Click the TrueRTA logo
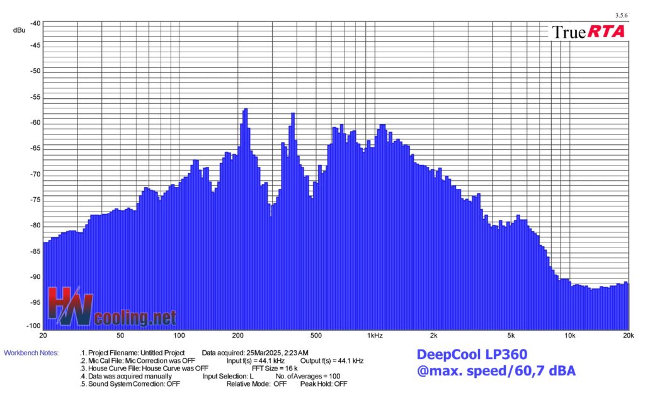(588, 31)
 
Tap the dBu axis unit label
(19, 30)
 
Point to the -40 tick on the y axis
(35, 23)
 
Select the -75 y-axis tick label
(35, 200)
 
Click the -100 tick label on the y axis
(33, 326)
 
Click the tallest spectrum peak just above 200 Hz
(244, 110)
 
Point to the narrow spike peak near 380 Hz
(292, 113)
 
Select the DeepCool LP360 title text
(472, 355)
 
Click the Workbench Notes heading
(31, 353)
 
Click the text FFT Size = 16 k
(275, 368)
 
